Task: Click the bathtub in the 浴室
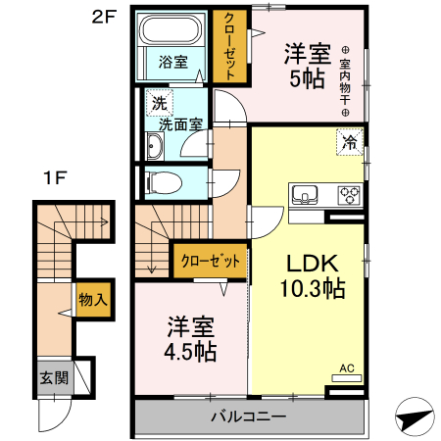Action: (170, 29)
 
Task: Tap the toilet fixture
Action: (164, 183)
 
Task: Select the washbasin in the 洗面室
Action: (155, 146)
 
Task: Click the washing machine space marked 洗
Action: (160, 103)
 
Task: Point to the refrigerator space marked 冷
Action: (350, 142)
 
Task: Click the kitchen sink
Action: (305, 194)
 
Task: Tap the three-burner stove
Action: (350, 195)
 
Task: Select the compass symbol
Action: (415, 416)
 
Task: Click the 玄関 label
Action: (54, 378)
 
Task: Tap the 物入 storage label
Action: (93, 299)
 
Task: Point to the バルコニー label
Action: (248, 416)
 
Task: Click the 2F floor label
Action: (104, 17)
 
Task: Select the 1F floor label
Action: (56, 178)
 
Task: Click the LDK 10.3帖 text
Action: (313, 276)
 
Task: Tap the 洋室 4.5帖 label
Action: (190, 339)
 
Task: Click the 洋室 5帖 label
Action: (308, 67)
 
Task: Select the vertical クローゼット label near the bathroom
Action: (229, 47)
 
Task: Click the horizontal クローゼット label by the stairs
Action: (211, 261)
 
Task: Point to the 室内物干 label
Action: (345, 81)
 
